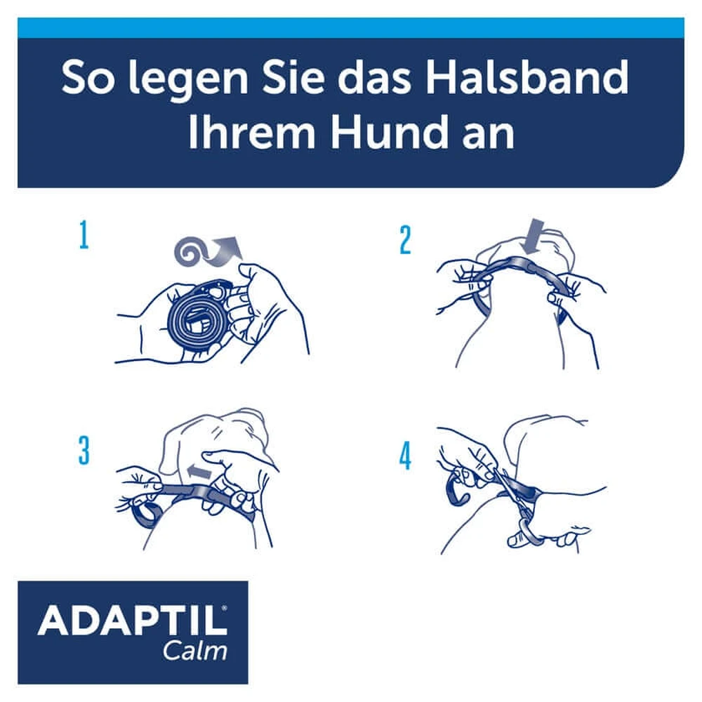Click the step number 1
pyautogui.click(x=84, y=235)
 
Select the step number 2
pyautogui.click(x=405, y=239)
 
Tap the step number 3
pyautogui.click(x=84, y=451)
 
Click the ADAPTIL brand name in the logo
pyautogui.click(x=133, y=620)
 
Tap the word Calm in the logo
pyautogui.click(x=195, y=651)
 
